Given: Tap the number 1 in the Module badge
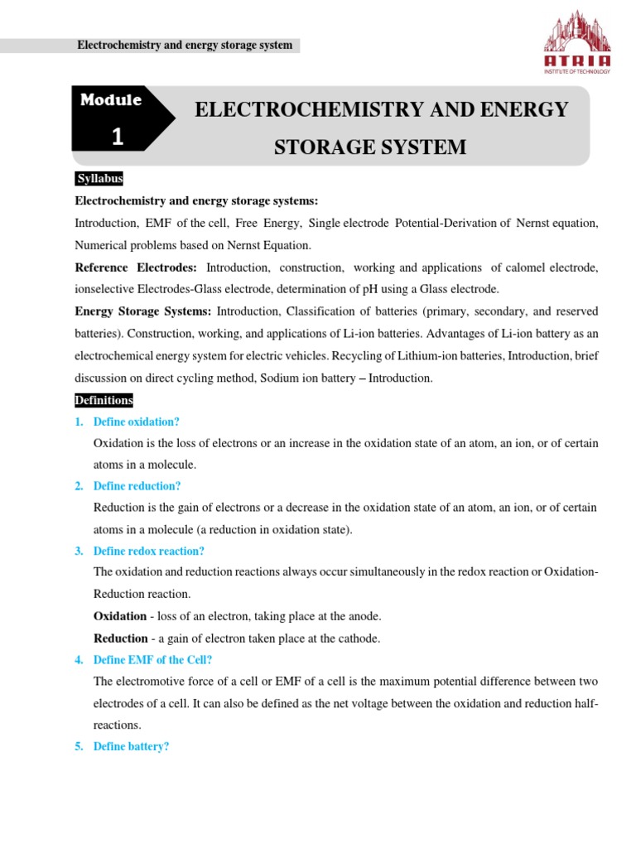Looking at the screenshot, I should (118, 137).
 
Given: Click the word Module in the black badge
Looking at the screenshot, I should (111, 100).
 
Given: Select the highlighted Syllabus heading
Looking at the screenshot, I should (99, 179).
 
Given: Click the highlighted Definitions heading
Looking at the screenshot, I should (104, 400).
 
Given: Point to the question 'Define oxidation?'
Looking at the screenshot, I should (137, 422).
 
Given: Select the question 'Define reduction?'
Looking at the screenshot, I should (137, 486).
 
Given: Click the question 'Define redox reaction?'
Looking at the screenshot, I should (149, 551).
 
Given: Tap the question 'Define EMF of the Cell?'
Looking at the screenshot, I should (153, 660).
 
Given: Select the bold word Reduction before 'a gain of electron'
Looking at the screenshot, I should (121, 638).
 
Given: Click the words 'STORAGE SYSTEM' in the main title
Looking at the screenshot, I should (370, 147).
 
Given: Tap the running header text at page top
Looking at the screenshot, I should (184, 46).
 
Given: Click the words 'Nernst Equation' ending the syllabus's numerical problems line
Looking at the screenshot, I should (272, 245).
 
